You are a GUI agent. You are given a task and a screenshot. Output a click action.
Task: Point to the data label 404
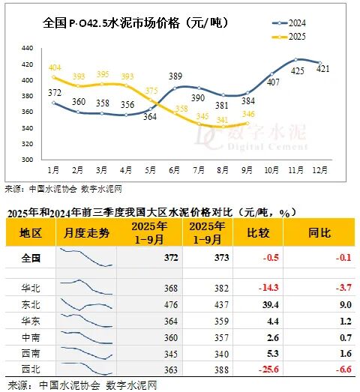[x=55, y=68]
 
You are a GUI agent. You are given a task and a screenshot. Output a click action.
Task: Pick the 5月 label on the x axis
[x=151, y=171]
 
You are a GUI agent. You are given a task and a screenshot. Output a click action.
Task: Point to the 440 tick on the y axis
[x=28, y=47]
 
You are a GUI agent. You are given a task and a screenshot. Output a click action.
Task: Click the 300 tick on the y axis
[x=28, y=160]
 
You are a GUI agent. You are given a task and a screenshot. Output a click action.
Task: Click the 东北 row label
[x=31, y=304]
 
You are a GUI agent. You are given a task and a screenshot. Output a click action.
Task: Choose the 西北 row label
[x=31, y=368]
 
